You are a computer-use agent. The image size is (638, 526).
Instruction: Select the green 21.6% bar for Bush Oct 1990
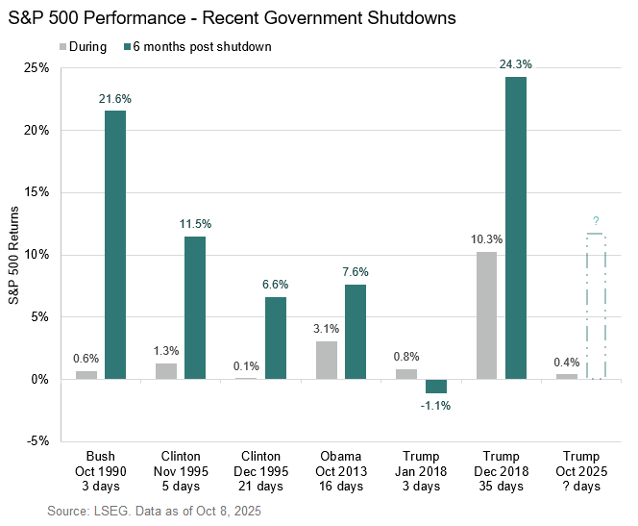115,244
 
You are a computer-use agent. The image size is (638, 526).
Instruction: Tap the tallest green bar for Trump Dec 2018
516,228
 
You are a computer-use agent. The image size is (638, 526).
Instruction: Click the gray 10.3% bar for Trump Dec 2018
487,315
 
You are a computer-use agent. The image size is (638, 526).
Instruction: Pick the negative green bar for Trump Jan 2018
436,386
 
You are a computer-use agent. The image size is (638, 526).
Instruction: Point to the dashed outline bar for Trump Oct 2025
596,306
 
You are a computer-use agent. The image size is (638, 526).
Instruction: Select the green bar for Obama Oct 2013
356,332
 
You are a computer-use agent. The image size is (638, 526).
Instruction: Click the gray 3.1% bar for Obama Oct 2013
328,360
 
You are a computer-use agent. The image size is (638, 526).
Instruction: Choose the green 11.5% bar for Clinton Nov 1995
196,308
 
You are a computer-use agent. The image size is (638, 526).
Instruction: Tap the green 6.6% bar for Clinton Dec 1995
276,338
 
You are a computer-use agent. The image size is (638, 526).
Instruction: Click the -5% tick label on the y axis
39,441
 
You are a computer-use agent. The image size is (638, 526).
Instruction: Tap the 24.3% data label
516,64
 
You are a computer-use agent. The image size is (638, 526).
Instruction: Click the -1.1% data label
436,405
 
